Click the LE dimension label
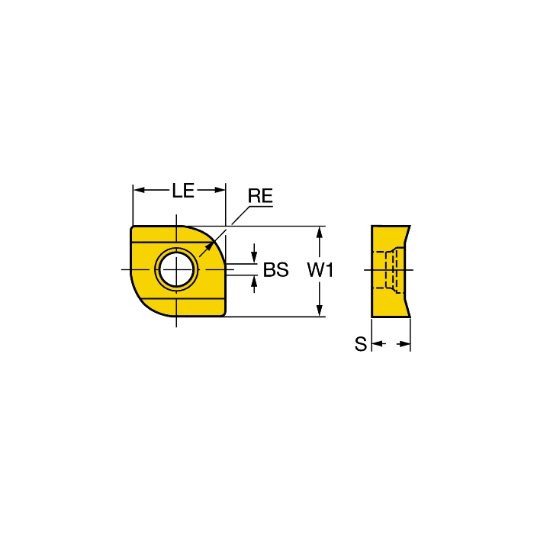click(183, 191)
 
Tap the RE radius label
click(260, 196)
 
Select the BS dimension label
click(276, 270)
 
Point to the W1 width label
click(320, 270)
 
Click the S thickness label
click(361, 344)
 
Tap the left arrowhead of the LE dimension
click(139, 190)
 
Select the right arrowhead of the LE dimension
click(220, 190)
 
